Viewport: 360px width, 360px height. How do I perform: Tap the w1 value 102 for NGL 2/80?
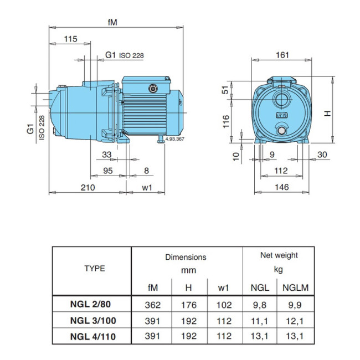[224, 305]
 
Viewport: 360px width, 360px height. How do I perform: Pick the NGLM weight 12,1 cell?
[295, 320]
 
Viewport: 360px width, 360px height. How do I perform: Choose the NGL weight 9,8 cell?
[260, 305]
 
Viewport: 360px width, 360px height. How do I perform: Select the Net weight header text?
[279, 255]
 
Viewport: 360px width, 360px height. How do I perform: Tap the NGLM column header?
[295, 287]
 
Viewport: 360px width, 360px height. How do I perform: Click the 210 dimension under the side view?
[88, 188]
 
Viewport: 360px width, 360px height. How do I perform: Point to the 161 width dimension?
[281, 54]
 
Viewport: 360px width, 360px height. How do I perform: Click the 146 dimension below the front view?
[282, 188]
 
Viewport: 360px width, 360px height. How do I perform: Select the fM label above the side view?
[114, 22]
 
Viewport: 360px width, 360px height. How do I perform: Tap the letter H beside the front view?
[327, 114]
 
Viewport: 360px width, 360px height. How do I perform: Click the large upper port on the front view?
[282, 101]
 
